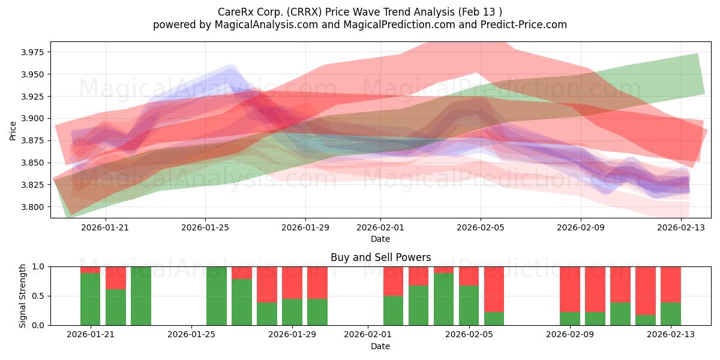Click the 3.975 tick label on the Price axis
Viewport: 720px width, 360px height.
(x=32, y=52)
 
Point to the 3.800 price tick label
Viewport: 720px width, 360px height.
(x=32, y=207)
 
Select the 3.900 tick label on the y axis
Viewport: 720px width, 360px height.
(x=32, y=119)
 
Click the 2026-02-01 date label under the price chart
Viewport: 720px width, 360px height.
(x=380, y=227)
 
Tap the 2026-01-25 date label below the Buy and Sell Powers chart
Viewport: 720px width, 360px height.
(x=191, y=334)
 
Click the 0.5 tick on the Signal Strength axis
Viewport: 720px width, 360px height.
(x=38, y=296)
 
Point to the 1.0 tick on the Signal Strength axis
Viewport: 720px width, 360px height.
(x=38, y=267)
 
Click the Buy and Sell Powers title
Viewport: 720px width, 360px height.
(x=380, y=257)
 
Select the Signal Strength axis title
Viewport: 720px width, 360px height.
(x=22, y=296)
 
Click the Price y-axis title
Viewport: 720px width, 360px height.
(x=13, y=131)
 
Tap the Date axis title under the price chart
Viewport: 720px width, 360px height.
(x=380, y=239)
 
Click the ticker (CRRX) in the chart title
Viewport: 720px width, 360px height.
(x=304, y=12)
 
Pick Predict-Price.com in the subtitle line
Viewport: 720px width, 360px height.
(x=524, y=25)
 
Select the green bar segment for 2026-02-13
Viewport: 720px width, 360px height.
(x=671, y=314)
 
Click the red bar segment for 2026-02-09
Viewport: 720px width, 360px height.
(x=570, y=289)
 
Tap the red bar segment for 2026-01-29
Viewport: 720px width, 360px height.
(x=292, y=283)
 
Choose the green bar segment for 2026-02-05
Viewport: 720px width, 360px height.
(x=469, y=305)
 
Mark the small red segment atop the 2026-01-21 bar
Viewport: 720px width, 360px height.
(x=91, y=269)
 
